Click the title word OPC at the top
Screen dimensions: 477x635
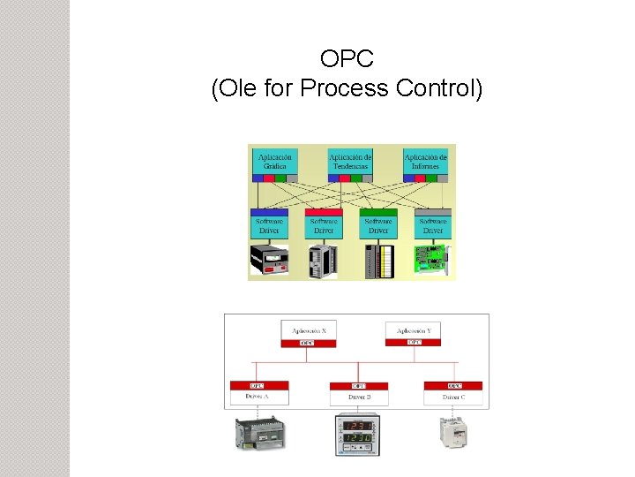tap(347, 59)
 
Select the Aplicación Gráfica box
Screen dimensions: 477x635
tap(274, 161)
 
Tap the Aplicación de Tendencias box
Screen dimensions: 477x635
tap(349, 161)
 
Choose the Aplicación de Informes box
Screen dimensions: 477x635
tap(425, 161)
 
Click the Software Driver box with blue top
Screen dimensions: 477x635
tap(269, 226)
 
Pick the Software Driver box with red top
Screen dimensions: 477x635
tap(324, 226)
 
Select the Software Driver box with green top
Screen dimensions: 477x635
tap(378, 226)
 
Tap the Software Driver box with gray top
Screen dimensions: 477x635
tap(433, 226)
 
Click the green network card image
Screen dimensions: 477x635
tap(433, 260)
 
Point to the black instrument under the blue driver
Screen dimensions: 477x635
tap(269, 260)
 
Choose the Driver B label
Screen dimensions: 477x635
tap(358, 398)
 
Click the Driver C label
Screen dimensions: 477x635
tap(452, 398)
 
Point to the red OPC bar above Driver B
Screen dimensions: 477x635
tap(358, 386)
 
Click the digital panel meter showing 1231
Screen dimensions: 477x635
tap(358, 433)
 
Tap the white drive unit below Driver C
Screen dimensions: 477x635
tap(453, 431)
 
